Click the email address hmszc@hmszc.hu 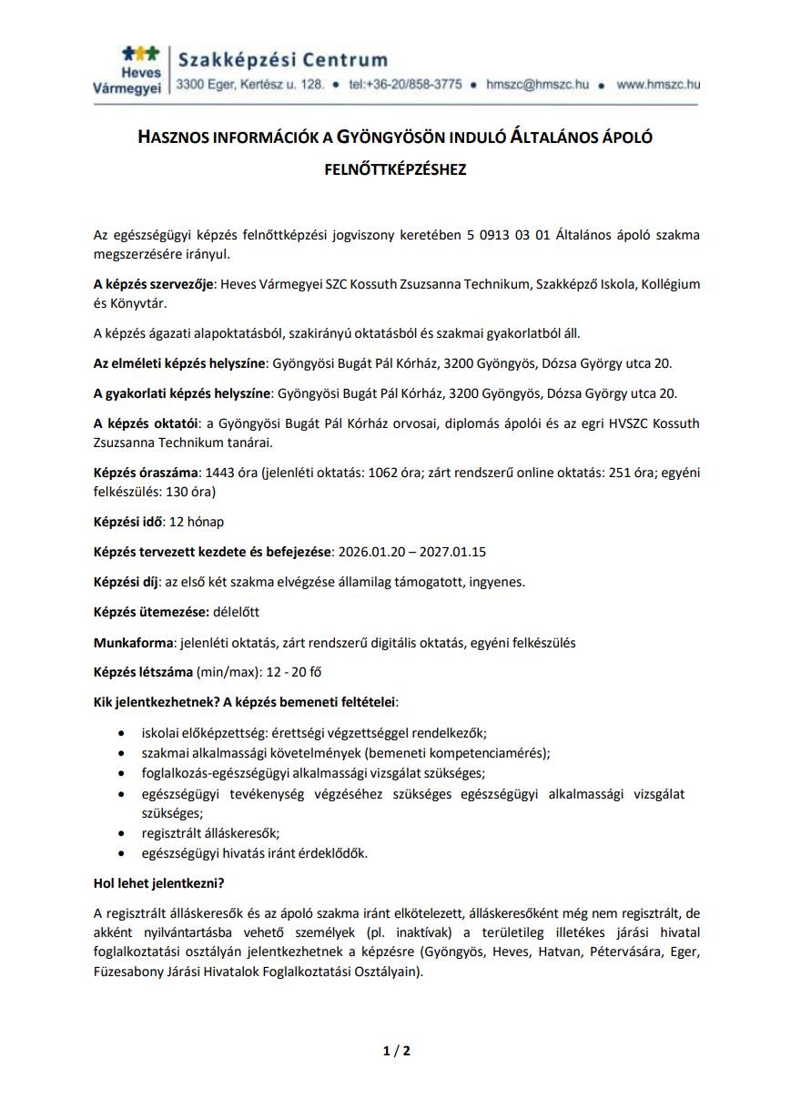pos(537,85)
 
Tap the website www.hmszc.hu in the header pos(657,85)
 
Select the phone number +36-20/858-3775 pos(405,85)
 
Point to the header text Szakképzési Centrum pos(282,60)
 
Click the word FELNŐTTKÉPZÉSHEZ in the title pos(395,169)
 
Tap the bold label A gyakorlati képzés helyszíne pos(182,393)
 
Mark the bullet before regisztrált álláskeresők pos(123,833)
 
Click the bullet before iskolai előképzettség pos(123,733)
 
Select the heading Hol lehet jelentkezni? pos(159,883)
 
